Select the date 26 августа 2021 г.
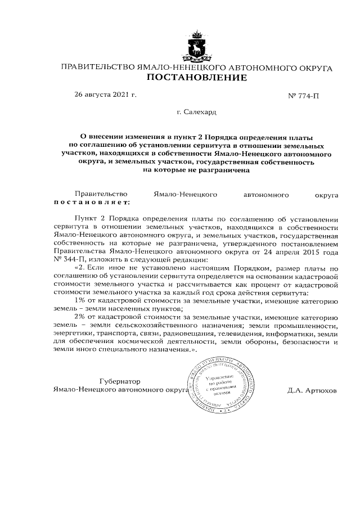pyautogui.click(x=105, y=94)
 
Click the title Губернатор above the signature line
pyautogui.click(x=119, y=381)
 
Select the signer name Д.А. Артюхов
pyautogui.click(x=311, y=389)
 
